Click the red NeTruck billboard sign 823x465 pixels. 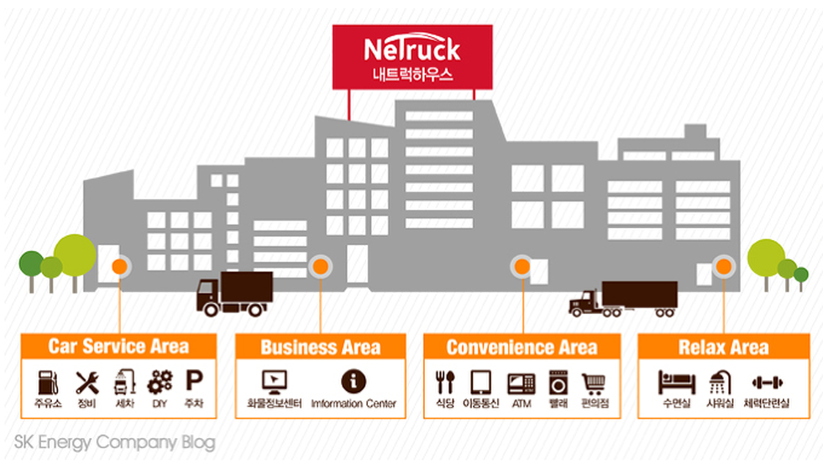411,57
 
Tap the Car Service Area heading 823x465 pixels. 118,347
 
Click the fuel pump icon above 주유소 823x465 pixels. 48,383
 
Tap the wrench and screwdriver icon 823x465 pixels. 86,383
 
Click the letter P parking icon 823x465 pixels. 194,383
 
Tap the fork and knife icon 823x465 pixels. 444,383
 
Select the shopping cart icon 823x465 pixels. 595,383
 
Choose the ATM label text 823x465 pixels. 522,404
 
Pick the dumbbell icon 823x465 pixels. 767,383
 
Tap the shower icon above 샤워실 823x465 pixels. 721,383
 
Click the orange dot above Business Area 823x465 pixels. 320,267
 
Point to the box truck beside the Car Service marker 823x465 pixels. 234,293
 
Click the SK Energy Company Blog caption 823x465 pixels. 114,441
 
